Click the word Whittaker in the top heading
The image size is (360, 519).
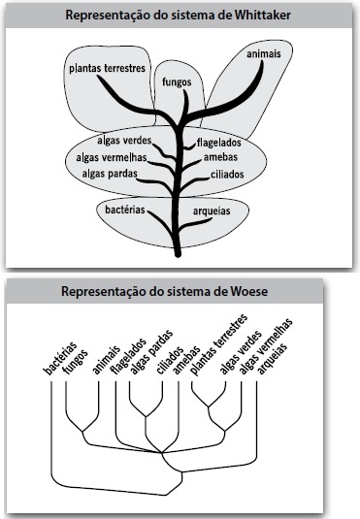[263, 16]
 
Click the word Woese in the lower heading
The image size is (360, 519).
[248, 292]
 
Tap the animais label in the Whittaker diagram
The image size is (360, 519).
[264, 53]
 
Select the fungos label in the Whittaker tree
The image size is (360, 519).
[177, 81]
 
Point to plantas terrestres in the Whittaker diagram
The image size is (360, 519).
[108, 69]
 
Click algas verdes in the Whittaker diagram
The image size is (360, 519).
[124, 141]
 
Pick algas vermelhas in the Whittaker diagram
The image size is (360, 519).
[112, 157]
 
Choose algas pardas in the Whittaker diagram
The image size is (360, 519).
[110, 173]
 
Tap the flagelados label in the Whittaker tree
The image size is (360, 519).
[219, 143]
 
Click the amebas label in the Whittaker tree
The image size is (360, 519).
[220, 157]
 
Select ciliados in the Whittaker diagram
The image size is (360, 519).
[227, 175]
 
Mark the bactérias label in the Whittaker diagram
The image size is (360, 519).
[125, 210]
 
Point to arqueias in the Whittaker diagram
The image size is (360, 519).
[212, 211]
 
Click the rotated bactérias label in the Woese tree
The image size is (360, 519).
[60, 359]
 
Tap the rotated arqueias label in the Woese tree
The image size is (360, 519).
[273, 359]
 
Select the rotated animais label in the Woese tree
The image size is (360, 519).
[106, 361]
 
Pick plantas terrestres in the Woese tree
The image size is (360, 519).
[218, 345]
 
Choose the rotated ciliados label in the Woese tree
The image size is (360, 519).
[170, 361]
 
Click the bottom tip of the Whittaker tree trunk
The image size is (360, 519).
[178, 256]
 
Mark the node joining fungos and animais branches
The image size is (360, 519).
[82, 432]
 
